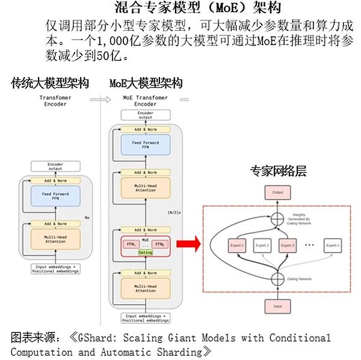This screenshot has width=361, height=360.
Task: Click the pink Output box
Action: pos(277,193)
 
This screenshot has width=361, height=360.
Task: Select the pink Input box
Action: pos(277,306)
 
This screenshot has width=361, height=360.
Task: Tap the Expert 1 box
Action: pos(237,246)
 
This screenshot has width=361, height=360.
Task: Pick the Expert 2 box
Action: pos(263,246)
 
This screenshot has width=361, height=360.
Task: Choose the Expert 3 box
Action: pos(288,246)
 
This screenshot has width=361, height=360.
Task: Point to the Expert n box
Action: pos(333,246)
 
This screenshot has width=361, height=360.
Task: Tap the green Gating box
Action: pos(146,253)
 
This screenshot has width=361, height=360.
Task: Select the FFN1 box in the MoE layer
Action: pos(128,244)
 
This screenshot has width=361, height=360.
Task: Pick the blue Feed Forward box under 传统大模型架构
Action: pos(55,195)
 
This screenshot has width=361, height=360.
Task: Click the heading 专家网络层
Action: pos(278,171)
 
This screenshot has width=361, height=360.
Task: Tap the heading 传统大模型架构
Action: pos(50,83)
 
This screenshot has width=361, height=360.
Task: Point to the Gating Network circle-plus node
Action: pos(277,278)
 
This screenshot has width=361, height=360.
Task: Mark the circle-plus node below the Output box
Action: pos(277,219)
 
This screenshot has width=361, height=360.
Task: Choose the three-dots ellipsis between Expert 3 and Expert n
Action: pos(310,246)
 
